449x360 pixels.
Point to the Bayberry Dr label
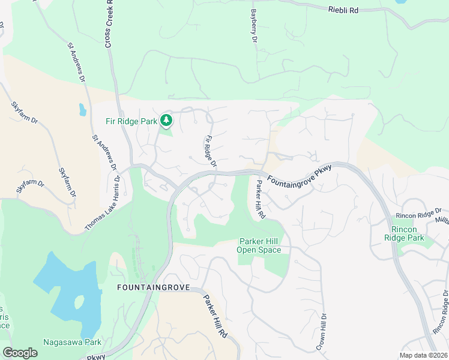[x=254, y=25]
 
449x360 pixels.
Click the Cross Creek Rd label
[x=109, y=24]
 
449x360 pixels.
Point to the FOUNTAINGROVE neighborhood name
[x=153, y=288]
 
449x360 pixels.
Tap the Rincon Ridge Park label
[x=408, y=233]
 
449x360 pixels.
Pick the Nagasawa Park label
[x=72, y=343]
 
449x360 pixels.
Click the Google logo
[x=20, y=353]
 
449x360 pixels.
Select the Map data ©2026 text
[x=423, y=355]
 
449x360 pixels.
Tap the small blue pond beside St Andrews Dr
[x=82, y=110]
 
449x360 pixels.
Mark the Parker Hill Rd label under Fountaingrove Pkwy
[x=259, y=199]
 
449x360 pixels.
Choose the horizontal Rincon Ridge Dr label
[x=418, y=214]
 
